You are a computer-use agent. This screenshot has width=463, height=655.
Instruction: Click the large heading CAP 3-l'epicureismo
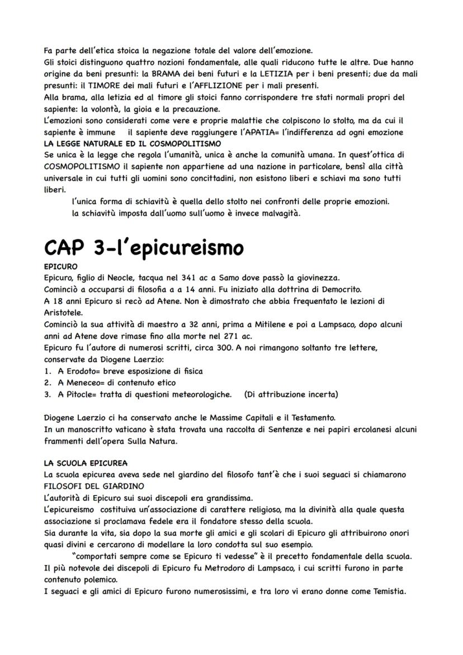pos(143,247)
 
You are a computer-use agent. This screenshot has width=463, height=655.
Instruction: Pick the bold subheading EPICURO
pos(60,266)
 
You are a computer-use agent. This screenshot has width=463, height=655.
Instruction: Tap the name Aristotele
pos(63,313)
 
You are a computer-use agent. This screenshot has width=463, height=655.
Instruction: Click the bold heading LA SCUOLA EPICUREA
pos(86,463)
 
